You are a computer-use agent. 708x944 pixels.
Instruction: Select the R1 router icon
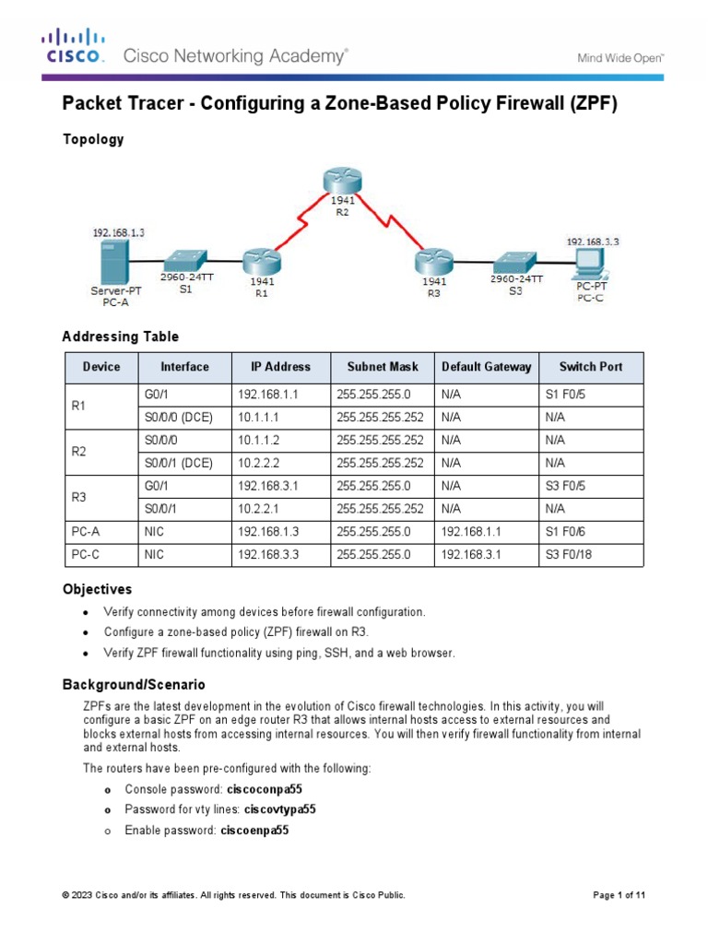coord(261,260)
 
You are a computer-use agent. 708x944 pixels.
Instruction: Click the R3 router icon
coord(432,261)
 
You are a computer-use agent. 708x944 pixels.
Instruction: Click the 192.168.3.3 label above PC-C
coord(592,242)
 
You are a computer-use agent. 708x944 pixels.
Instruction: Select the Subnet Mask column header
coord(383,367)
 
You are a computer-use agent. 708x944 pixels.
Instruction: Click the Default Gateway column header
coord(486,367)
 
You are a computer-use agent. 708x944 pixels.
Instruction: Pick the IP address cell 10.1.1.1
coord(260,417)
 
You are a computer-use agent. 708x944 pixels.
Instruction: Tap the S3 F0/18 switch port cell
coord(571,555)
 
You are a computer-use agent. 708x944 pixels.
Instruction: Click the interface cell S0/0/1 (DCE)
coord(179,463)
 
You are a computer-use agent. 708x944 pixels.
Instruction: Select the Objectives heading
coord(97,588)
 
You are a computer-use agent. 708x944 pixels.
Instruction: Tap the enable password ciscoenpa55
coord(254,830)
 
